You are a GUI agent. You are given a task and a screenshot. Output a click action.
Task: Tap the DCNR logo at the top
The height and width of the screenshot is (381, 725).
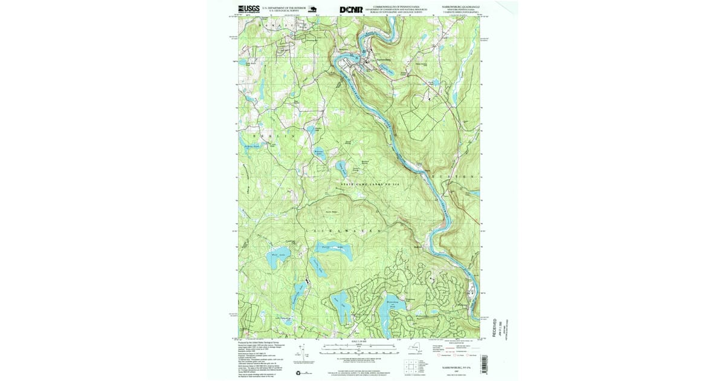(x=351, y=10)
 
